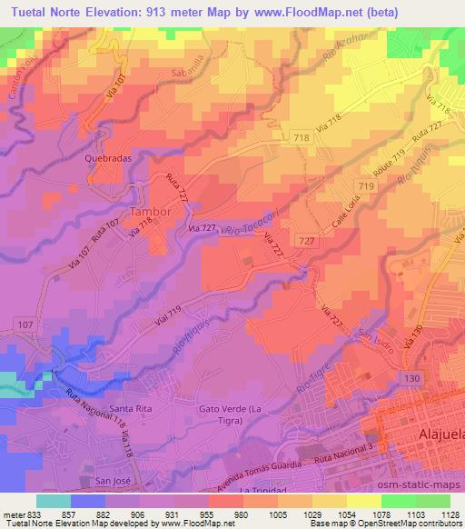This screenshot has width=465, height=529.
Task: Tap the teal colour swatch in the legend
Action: (52, 501)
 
